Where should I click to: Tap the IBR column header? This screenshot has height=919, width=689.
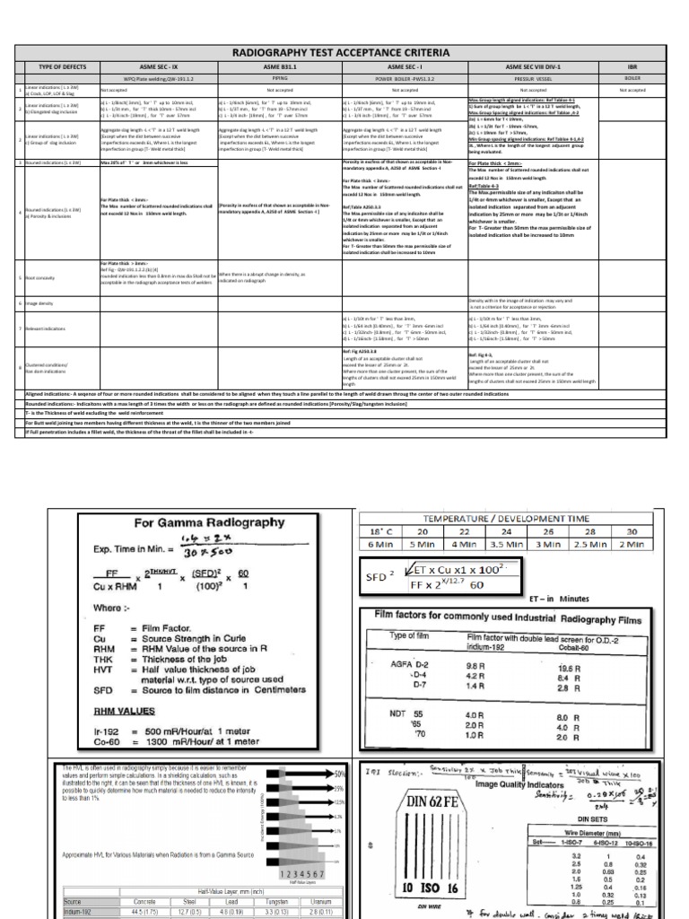632,67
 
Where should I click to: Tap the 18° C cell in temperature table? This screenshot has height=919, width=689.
393,530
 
